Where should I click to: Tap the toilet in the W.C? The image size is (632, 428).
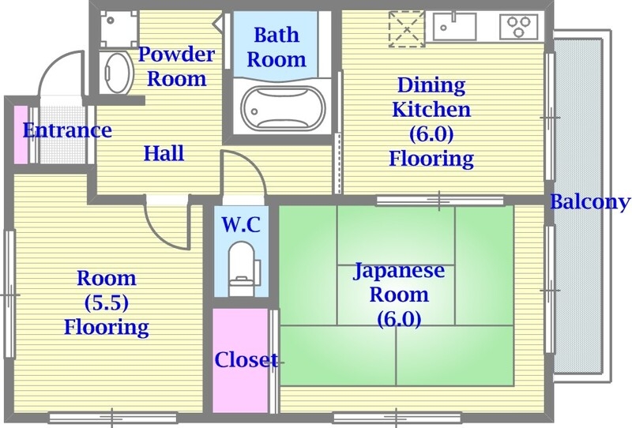240,264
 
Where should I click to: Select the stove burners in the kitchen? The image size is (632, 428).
517,28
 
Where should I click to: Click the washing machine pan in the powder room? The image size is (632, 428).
118,28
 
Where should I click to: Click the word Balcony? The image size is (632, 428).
590,201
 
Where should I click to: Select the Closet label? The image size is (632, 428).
246,360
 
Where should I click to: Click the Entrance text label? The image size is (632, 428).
67,130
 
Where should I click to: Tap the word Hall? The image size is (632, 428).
164,152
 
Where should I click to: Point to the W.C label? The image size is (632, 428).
240,223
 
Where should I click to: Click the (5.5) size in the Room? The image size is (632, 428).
106,302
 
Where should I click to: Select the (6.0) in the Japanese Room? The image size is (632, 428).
399,319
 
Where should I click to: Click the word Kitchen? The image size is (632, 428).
431,109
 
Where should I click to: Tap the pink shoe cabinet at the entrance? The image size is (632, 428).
21,134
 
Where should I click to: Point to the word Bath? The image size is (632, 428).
276,35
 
